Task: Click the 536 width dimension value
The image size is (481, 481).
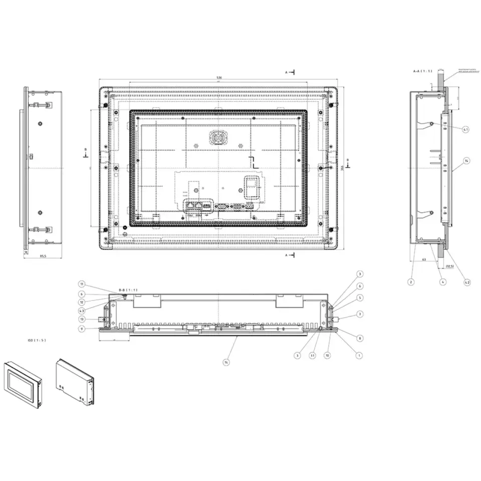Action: point(219,78)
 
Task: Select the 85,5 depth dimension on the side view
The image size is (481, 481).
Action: point(43,256)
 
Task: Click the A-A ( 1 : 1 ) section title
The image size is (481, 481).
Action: point(422,71)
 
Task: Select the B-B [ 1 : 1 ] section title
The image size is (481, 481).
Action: point(128,290)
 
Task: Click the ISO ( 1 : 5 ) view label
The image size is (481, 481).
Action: point(37,340)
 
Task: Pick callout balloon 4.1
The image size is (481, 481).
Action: point(466,129)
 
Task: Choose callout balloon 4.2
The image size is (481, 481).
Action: point(467,283)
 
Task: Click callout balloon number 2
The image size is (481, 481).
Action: point(411,283)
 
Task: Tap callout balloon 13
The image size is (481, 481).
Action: point(82,319)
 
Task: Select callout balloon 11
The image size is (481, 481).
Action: point(82,284)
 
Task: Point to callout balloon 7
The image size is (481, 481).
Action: point(360,314)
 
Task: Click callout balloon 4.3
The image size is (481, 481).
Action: point(82,311)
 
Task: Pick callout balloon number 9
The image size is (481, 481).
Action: point(82,329)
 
